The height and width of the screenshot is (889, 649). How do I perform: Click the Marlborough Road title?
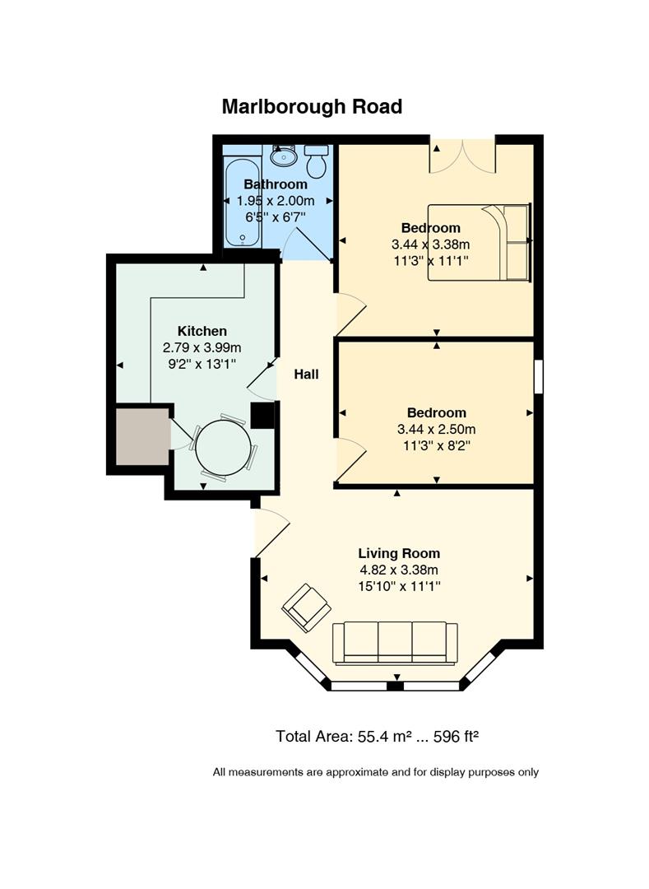point(312,106)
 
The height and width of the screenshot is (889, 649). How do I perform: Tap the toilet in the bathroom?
point(317,161)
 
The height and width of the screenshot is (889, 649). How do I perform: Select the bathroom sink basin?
point(283,155)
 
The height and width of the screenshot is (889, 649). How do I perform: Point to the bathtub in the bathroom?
point(243,203)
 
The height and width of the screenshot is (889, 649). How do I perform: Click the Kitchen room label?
point(202,331)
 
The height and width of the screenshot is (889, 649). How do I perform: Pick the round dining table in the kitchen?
point(223,447)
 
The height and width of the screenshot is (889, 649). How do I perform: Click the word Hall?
point(306,375)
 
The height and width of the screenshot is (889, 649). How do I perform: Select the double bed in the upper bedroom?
point(479,242)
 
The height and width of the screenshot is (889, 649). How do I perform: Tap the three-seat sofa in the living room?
point(395,643)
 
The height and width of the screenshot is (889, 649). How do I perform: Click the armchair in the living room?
point(306,607)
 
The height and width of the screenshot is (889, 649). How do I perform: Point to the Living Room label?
point(399,553)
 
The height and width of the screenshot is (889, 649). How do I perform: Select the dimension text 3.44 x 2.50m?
point(436,429)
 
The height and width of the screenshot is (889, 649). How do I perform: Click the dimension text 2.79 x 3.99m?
point(202,347)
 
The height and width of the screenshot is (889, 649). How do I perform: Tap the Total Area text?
point(378,737)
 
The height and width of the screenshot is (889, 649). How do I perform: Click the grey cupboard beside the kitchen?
point(142,436)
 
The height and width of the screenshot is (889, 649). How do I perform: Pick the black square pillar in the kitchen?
point(262,415)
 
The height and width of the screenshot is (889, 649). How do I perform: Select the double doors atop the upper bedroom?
point(462,155)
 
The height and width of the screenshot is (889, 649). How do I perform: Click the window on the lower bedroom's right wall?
point(539,376)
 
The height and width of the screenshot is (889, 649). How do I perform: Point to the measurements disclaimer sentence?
point(375,772)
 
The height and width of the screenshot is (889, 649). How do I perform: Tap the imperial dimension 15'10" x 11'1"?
point(399,586)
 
